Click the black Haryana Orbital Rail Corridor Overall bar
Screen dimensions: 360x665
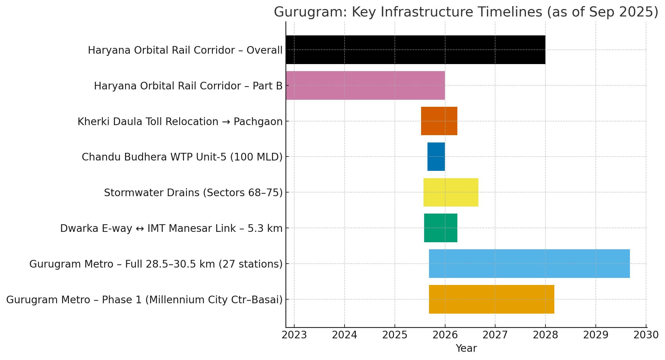(415, 50)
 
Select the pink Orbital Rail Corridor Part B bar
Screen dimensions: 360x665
(365, 85)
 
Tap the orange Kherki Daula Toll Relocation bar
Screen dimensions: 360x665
(439, 121)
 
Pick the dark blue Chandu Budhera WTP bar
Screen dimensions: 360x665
(436, 157)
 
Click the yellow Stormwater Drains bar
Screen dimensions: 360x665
(451, 192)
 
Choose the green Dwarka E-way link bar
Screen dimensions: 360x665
(441, 228)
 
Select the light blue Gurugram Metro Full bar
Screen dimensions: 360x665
(529, 264)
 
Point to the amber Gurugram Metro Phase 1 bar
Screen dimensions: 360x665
(492, 299)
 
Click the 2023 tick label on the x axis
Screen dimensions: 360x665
(294, 335)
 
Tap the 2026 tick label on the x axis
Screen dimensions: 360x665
(445, 335)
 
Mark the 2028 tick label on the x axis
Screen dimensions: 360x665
(545, 335)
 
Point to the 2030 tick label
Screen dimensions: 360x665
(646, 335)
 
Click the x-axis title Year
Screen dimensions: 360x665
(466, 348)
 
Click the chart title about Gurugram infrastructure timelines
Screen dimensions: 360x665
(466, 12)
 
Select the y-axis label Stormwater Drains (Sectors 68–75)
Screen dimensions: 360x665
(193, 193)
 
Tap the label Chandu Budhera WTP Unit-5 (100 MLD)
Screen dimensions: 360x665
(182, 157)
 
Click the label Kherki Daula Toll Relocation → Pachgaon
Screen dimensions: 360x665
(180, 122)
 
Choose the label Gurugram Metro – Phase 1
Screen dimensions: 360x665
(144, 300)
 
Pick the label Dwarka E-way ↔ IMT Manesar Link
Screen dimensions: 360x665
(171, 229)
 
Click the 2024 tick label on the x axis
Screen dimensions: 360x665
(345, 335)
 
